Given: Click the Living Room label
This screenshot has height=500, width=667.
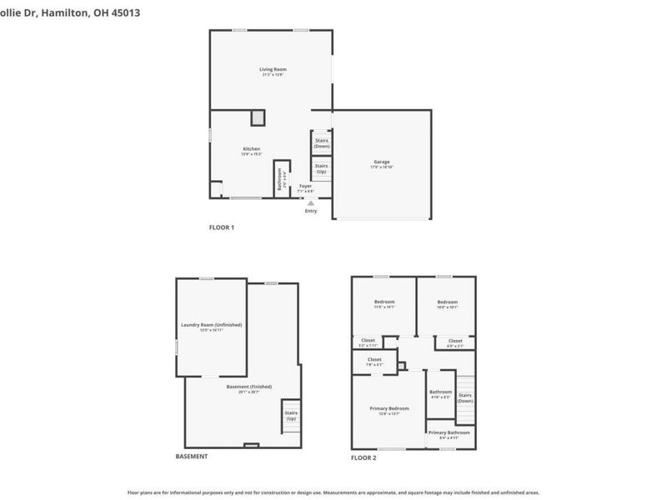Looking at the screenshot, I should (273, 69).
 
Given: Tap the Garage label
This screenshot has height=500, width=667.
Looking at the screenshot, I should (380, 162).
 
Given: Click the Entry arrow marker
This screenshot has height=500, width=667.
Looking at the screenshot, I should (311, 202).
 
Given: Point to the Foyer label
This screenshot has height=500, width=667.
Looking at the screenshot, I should (306, 186).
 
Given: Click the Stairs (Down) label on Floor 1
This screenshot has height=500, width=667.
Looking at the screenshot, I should (321, 142).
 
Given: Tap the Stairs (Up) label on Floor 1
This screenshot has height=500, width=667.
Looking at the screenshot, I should (321, 167).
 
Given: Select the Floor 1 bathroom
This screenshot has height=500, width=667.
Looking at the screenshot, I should (281, 178).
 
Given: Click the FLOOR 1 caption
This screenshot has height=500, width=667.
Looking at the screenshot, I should (221, 227).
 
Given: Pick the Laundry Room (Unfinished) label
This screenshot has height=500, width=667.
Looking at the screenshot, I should (211, 324).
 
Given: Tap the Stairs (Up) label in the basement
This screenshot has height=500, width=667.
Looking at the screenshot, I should (291, 415).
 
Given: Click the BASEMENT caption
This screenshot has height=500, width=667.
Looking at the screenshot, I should (192, 457).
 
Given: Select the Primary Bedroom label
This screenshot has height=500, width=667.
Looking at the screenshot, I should (389, 408).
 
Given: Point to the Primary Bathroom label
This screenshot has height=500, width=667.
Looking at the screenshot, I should (449, 432).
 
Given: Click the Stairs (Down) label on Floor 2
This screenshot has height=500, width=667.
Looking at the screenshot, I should (465, 397).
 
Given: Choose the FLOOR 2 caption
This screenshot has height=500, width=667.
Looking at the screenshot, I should (363, 457).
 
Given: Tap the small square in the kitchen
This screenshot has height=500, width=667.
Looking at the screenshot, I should (259, 117).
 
